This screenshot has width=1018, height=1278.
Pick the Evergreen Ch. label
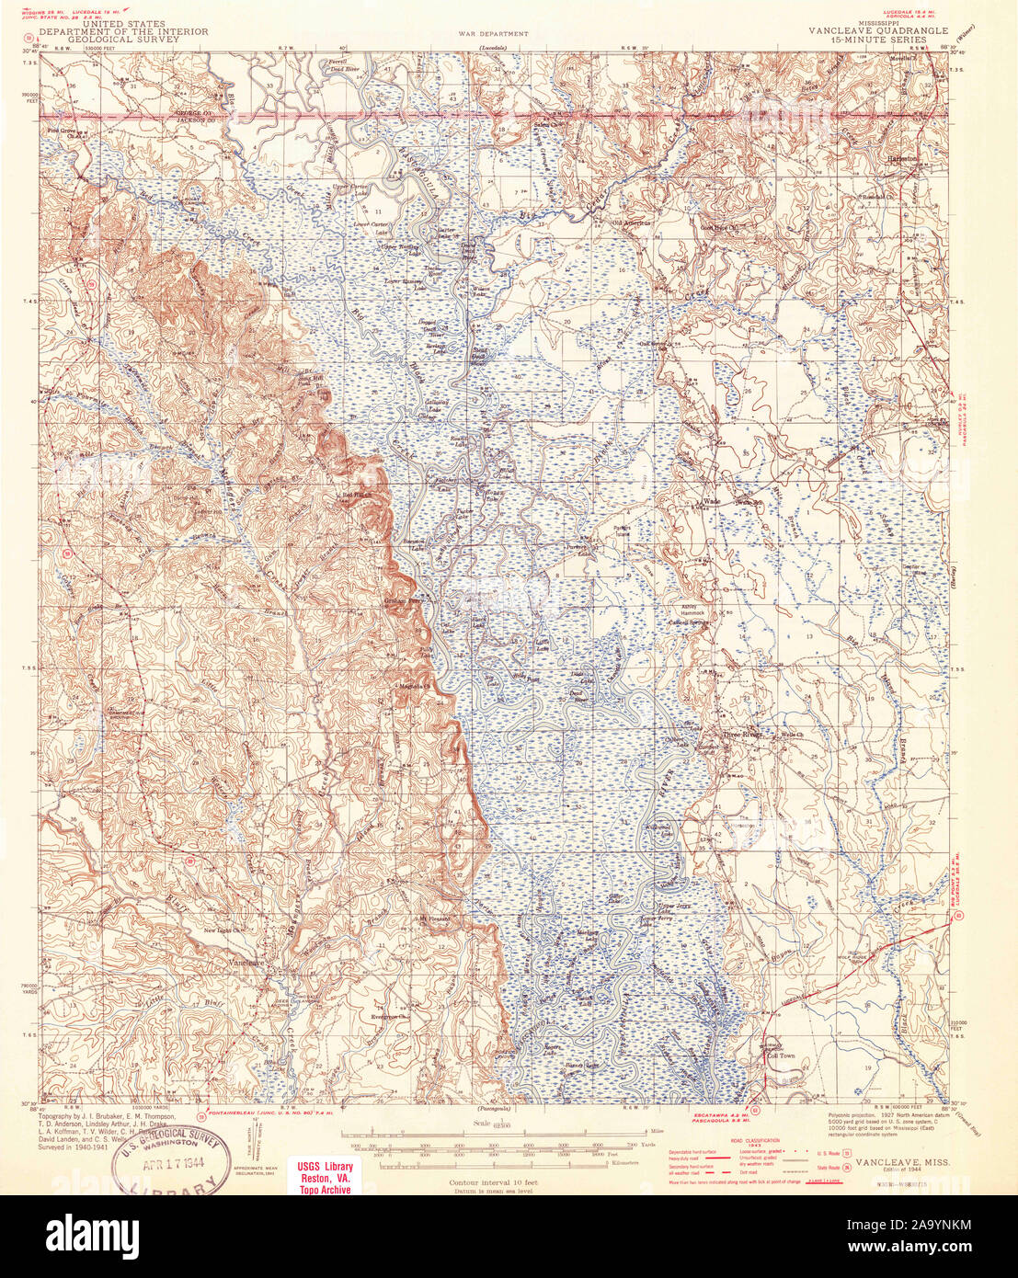click(388, 1017)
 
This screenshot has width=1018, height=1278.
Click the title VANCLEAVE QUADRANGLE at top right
click(877, 30)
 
